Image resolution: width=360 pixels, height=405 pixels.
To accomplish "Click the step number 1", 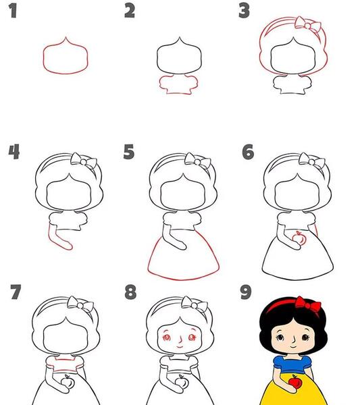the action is coord(13,11).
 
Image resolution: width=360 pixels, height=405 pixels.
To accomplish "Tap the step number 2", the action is coord(130,11).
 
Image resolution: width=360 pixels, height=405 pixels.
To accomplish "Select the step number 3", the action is coord(244,11).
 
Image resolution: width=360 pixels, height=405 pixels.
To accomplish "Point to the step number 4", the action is coord(14,152).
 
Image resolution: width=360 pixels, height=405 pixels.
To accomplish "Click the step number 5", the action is coord(129,152).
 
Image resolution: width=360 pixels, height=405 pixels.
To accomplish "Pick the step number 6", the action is coord(248,152).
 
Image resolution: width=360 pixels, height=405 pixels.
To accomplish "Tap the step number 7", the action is coord(16,292).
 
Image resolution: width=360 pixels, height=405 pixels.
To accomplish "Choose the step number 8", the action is coord(130,292).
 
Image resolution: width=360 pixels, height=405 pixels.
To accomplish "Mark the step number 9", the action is coord(245,292).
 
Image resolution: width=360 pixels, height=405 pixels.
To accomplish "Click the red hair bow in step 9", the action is coord(308,305).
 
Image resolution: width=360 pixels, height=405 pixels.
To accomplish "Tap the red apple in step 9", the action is coord(294,381).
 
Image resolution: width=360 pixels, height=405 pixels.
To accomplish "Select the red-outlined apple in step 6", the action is coord(299,238).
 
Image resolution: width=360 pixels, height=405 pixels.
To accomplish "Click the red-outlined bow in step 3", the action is coord(308,24).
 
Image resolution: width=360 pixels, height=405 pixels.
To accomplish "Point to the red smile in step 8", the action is coord(180,346).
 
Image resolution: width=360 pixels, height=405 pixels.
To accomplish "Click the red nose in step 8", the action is coord(180,338).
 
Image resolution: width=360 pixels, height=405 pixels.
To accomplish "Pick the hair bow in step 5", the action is coord(198,161).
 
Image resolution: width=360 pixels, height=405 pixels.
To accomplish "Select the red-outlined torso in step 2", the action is coord(179,85).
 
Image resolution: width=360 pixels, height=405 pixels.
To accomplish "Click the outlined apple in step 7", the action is coord(68,381).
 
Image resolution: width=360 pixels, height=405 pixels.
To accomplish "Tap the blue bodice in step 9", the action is coord(292,364).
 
